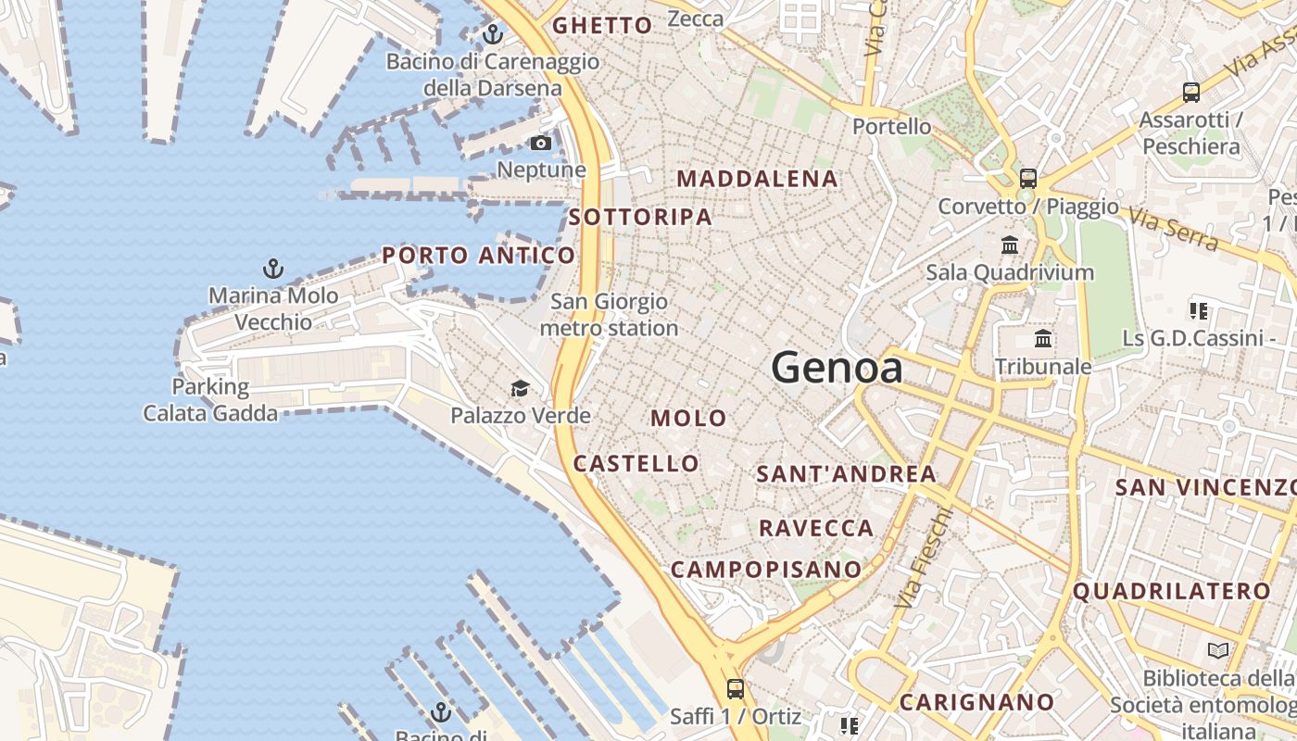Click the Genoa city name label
[837, 368]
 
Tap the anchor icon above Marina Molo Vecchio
[272, 270]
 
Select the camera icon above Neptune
[541, 143]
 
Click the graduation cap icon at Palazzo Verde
[521, 388]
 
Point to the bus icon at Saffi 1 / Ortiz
[736, 689]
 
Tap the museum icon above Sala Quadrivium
[1010, 245]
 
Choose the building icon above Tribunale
[1043, 339]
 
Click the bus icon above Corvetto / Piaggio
[1028, 179]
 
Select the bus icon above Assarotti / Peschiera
[1191, 93]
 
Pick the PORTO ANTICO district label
[479, 256]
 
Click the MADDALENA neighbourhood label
[758, 179]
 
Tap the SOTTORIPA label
[641, 218]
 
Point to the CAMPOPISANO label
[766, 569]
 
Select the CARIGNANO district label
[977, 702]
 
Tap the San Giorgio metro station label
[609, 315]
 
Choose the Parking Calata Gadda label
[210, 400]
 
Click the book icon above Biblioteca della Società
[1218, 651]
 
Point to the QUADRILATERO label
[1172, 591]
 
